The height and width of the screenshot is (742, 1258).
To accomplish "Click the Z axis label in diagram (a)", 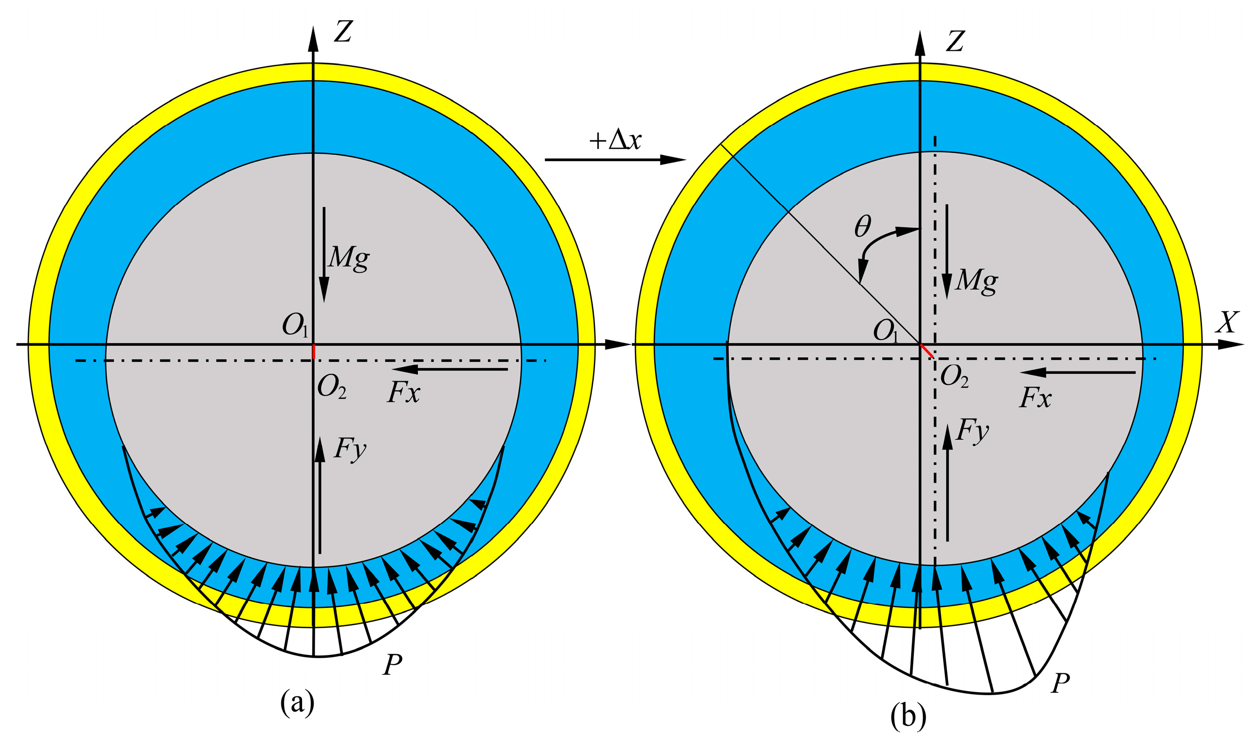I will pyautogui.click(x=344, y=32).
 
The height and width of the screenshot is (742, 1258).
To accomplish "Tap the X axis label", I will pyautogui.click(x=1227, y=323).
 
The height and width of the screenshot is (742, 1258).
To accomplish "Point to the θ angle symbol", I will pyautogui.click(x=862, y=226).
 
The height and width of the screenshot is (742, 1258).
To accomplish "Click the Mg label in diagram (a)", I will pyautogui.click(x=349, y=258).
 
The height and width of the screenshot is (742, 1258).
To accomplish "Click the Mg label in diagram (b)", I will pyautogui.click(x=976, y=281).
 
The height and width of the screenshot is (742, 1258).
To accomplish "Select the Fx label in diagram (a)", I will pyautogui.click(x=403, y=392).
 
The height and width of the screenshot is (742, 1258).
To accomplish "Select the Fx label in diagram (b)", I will pyautogui.click(x=1035, y=398).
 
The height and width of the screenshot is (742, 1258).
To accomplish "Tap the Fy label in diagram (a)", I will pyautogui.click(x=350, y=448).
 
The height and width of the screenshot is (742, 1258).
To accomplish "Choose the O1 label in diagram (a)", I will pyautogui.click(x=295, y=326).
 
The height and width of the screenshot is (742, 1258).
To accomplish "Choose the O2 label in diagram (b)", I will pyautogui.click(x=954, y=376).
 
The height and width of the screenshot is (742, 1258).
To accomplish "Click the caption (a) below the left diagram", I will pyautogui.click(x=297, y=702).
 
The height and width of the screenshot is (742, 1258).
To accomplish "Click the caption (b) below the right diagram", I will pyautogui.click(x=908, y=716).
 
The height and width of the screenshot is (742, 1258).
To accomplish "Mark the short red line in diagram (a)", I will pyautogui.click(x=313, y=352).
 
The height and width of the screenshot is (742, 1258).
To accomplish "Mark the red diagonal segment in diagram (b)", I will pyautogui.click(x=927, y=351).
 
